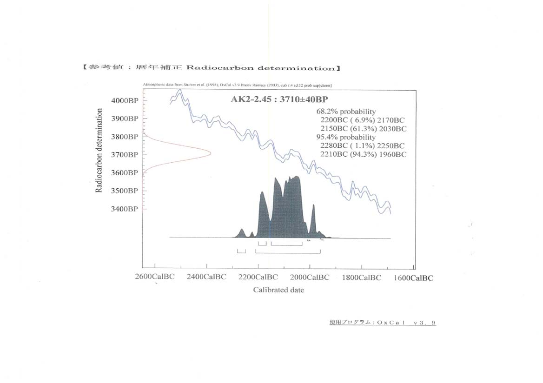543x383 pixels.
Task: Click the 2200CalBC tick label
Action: coord(258,277)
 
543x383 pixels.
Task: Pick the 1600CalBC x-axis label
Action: coord(414,278)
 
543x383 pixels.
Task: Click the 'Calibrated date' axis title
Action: coord(278,290)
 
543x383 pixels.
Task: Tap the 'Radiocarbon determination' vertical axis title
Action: coord(99,151)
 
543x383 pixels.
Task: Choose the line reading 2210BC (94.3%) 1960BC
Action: coord(363,154)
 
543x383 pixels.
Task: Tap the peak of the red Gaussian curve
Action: coord(210,153)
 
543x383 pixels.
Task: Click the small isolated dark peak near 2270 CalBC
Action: coord(242,231)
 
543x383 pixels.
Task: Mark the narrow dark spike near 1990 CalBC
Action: coord(313,207)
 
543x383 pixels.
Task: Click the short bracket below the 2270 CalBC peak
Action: coord(241,251)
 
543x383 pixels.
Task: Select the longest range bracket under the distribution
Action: coord(288,251)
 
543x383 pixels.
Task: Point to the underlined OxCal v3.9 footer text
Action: coord(382,322)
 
